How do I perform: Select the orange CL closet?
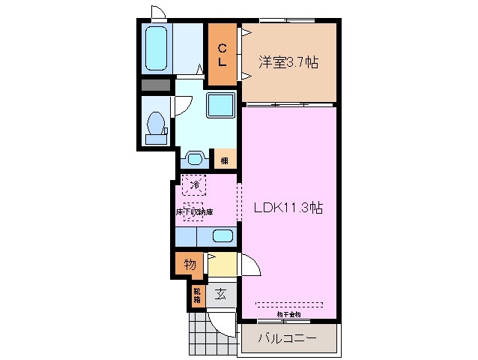tap(223, 55)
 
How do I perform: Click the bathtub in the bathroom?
tap(156, 49)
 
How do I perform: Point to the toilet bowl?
tap(157, 124)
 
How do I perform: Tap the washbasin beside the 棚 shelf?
tap(194, 159)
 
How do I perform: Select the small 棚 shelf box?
tap(224, 159)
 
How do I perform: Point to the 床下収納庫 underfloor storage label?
tap(194, 212)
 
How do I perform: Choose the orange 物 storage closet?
tap(190, 264)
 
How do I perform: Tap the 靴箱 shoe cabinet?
tap(196, 294)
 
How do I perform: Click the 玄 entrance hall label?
tap(222, 293)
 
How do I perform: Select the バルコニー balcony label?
tap(287, 339)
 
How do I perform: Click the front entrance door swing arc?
tap(223, 324)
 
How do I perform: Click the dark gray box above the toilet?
tap(156, 85)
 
